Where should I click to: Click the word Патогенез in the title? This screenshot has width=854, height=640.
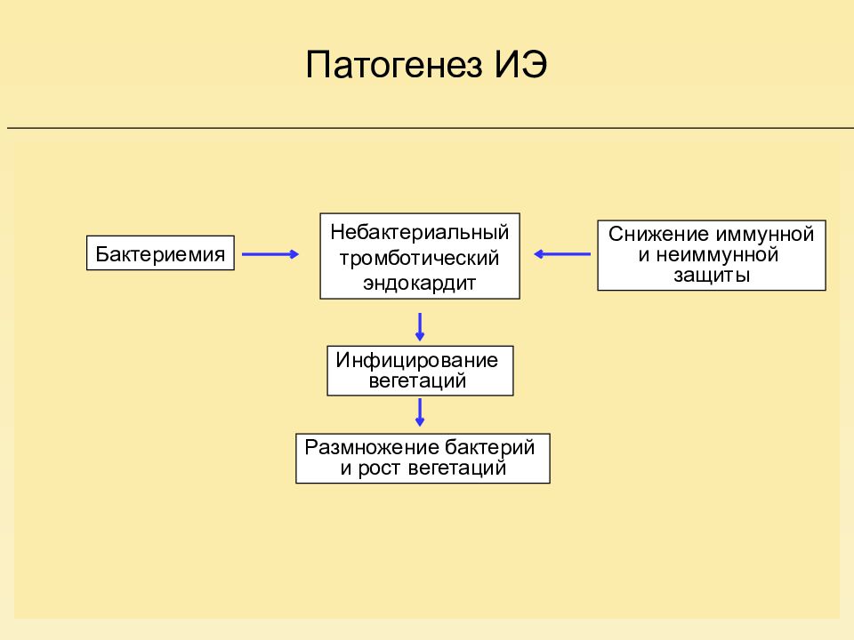pyautogui.click(x=394, y=65)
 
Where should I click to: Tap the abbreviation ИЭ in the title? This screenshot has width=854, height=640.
pyautogui.click(x=520, y=64)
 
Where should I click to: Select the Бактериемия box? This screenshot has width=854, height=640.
pyautogui.click(x=160, y=253)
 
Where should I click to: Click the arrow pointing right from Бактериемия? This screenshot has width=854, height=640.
pyautogui.click(x=270, y=254)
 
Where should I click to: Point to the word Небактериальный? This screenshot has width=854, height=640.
pyautogui.click(x=419, y=232)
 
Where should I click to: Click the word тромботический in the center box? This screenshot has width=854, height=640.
pyautogui.click(x=419, y=258)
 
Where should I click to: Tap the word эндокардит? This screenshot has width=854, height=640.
pyautogui.click(x=419, y=283)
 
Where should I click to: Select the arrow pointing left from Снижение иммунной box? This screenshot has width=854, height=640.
pyautogui.click(x=562, y=254)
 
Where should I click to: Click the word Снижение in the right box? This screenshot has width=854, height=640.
pyautogui.click(x=659, y=234)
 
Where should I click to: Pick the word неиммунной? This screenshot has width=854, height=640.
pyautogui.click(x=717, y=255)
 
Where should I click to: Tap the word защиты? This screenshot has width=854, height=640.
pyautogui.click(x=712, y=276)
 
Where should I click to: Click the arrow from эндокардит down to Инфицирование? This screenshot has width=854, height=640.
pyautogui.click(x=419, y=326)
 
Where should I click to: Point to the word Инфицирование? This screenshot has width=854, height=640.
pyautogui.click(x=416, y=360)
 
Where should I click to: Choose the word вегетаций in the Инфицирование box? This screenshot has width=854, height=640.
pyautogui.click(x=417, y=381)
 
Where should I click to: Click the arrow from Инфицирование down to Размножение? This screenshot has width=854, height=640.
pyautogui.click(x=419, y=412)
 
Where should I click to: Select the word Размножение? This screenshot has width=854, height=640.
pyautogui.click(x=372, y=447)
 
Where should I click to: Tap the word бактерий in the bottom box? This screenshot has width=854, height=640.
pyautogui.click(x=489, y=447)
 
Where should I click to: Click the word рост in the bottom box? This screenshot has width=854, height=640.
pyautogui.click(x=380, y=468)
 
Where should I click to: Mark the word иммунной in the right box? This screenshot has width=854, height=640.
pyautogui.click(x=765, y=234)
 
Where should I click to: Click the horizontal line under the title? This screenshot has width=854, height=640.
pyautogui.click(x=431, y=128)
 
